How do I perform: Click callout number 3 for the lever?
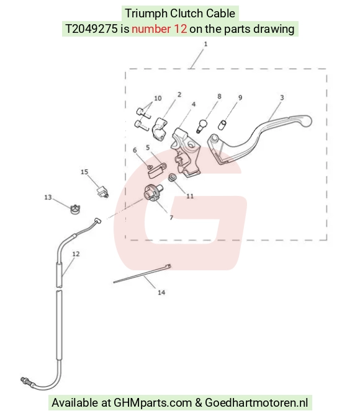[282, 97]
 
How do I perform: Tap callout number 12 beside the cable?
[76, 254]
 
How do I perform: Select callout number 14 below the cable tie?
[161, 293]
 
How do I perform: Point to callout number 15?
[84, 172]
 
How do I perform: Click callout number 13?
[48, 197]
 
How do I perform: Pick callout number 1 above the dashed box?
[205, 44]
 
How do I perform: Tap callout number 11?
[190, 196]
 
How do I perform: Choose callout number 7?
[171, 218]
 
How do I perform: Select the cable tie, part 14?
[142, 274]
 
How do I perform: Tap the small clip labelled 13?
[76, 210]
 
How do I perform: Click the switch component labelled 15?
[102, 192]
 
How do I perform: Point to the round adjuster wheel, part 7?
[153, 193]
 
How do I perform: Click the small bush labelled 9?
[222, 125]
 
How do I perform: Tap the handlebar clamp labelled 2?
[160, 129]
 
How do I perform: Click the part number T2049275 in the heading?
[91, 29]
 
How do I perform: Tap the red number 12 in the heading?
[159, 29]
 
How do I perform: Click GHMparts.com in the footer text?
[153, 403]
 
